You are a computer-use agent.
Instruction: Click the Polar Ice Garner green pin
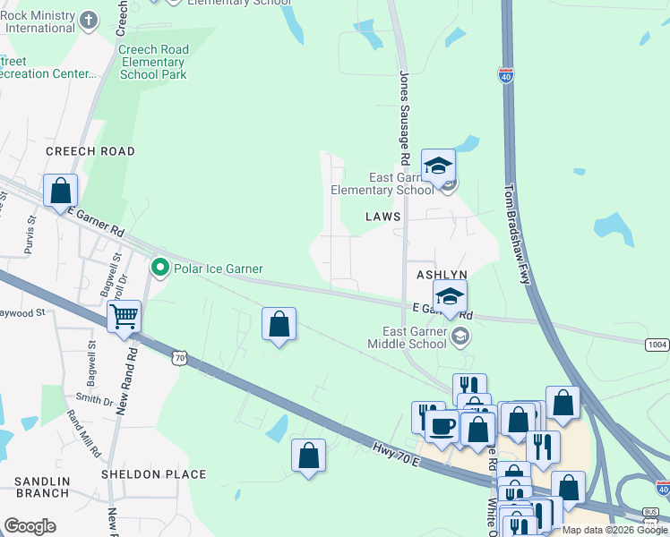160,268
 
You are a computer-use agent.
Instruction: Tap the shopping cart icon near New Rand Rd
124,315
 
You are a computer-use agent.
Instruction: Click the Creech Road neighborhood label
90,151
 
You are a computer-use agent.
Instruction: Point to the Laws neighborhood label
382,217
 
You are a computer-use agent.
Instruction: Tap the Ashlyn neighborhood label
442,276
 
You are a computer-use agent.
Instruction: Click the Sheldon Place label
154,474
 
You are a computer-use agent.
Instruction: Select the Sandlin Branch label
42,487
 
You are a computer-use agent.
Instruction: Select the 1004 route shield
657,344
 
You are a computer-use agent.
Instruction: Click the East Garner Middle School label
408,337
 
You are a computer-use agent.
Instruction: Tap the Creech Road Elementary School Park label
153,63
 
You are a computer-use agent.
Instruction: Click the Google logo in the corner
30,526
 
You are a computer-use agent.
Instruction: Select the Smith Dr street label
95,398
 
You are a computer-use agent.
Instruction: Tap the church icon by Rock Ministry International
88,20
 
